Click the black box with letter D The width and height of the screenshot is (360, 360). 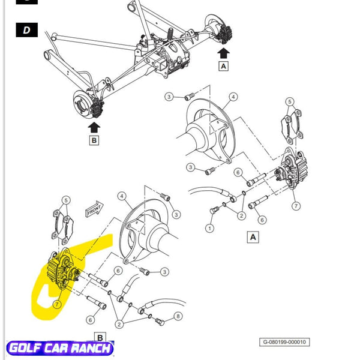coord(26,29)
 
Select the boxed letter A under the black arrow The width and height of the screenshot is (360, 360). coord(224,66)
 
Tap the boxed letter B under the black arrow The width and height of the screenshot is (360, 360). coord(94,140)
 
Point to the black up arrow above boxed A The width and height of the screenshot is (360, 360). coord(224,53)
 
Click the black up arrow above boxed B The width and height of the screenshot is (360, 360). coord(94,127)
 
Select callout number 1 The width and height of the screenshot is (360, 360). coord(209,229)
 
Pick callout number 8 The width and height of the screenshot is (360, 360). coord(178,316)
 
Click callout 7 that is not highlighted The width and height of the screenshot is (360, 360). coord(296,206)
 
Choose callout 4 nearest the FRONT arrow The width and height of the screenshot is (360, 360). coord(121,196)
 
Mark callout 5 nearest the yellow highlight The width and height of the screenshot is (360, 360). coord(67,200)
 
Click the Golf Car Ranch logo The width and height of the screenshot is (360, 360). coord(60,349)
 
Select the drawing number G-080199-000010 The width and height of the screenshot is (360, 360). coord(284,342)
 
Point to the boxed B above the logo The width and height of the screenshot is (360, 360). coord(100,337)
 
